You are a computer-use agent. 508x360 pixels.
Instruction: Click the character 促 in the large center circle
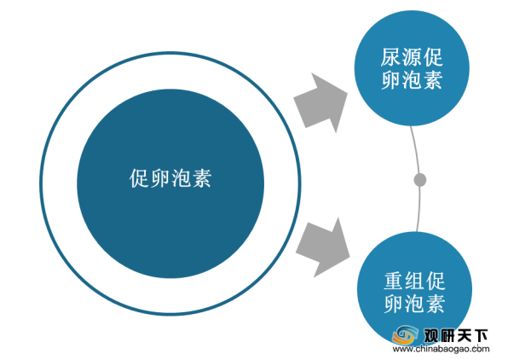139,178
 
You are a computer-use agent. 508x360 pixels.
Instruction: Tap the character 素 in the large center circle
202,178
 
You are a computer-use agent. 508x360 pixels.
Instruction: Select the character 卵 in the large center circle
160,178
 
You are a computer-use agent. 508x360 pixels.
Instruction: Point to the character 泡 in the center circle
181,178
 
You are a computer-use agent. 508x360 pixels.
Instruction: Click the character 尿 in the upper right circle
391,57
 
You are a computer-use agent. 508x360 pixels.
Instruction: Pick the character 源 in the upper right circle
412,57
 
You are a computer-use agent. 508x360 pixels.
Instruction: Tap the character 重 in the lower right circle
395,281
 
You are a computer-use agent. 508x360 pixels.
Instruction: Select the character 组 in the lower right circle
415,281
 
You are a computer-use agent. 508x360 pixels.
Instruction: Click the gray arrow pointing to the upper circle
320,103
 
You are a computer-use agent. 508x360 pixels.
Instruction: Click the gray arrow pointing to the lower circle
323,247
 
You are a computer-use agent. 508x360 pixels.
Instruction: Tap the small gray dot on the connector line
420,180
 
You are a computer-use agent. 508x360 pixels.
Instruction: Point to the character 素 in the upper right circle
433,80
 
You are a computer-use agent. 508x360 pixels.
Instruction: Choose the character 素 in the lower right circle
436,304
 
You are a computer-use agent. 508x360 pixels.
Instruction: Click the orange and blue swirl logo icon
405,335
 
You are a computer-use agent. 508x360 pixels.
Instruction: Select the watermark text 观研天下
455,335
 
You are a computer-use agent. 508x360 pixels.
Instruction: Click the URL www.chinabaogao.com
441,349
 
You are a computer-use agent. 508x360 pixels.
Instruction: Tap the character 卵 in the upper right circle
391,80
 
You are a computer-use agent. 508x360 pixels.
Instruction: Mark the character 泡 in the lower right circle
415,304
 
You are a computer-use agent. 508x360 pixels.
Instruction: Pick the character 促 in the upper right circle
433,57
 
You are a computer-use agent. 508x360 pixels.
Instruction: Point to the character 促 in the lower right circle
436,281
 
